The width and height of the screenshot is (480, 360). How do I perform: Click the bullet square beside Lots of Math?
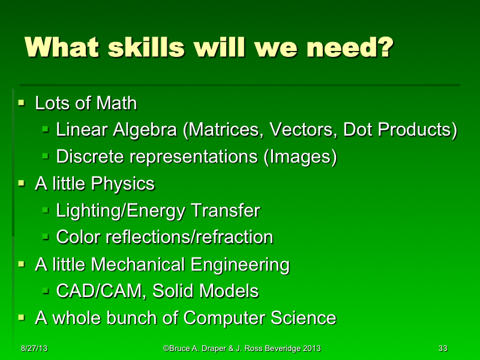click(22, 103)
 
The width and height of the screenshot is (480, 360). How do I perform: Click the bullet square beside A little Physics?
click(22, 184)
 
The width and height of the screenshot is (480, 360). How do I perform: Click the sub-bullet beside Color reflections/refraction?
click(46, 238)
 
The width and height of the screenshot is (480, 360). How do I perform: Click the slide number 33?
click(443, 349)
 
